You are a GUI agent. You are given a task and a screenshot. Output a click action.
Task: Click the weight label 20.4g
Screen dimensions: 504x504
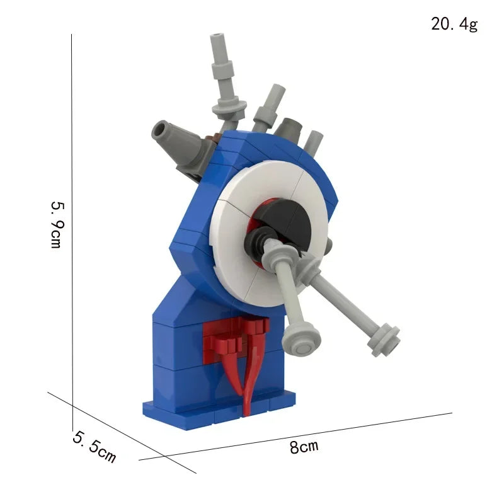point(454,24)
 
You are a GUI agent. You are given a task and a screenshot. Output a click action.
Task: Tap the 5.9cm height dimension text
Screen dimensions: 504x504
point(57,225)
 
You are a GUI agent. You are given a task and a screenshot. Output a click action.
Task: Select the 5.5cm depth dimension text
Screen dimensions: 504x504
point(94,447)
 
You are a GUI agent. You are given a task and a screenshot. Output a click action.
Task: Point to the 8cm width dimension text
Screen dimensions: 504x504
point(304,447)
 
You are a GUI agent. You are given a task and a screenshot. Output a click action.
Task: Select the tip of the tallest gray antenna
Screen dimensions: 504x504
point(217,35)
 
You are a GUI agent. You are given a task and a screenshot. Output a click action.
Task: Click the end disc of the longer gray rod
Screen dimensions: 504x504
point(384,341)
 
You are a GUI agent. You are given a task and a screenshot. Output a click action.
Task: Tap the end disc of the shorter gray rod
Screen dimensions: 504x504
point(301,342)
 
